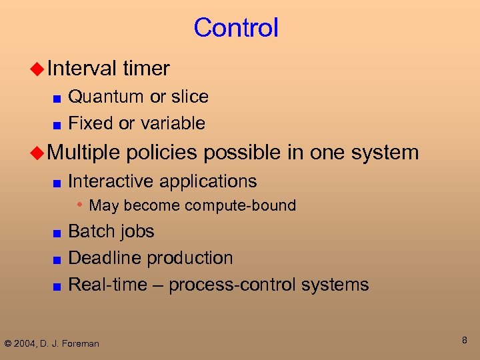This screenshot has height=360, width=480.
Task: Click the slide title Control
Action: [x=236, y=28]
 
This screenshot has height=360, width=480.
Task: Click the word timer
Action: [x=146, y=68]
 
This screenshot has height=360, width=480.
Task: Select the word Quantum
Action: [x=106, y=97]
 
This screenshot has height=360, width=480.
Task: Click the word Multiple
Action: [x=83, y=153]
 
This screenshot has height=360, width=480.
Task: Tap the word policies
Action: [x=161, y=153]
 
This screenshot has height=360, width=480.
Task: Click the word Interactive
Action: [x=109, y=181]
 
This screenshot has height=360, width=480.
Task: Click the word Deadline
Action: [x=105, y=258]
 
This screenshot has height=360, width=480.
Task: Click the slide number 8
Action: [x=465, y=341]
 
